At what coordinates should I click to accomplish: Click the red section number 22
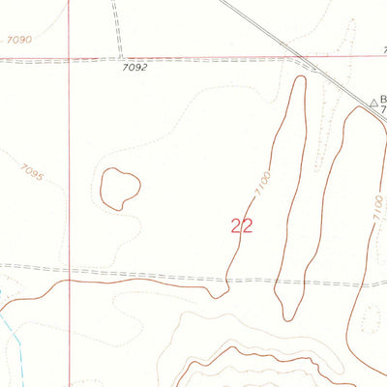(242, 225)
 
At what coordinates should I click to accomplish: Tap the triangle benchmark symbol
(372, 102)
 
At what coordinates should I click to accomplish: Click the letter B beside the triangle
(383, 100)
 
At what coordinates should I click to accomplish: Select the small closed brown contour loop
(120, 188)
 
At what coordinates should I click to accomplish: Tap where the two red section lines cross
(70, 59)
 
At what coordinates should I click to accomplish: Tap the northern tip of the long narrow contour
(299, 76)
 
